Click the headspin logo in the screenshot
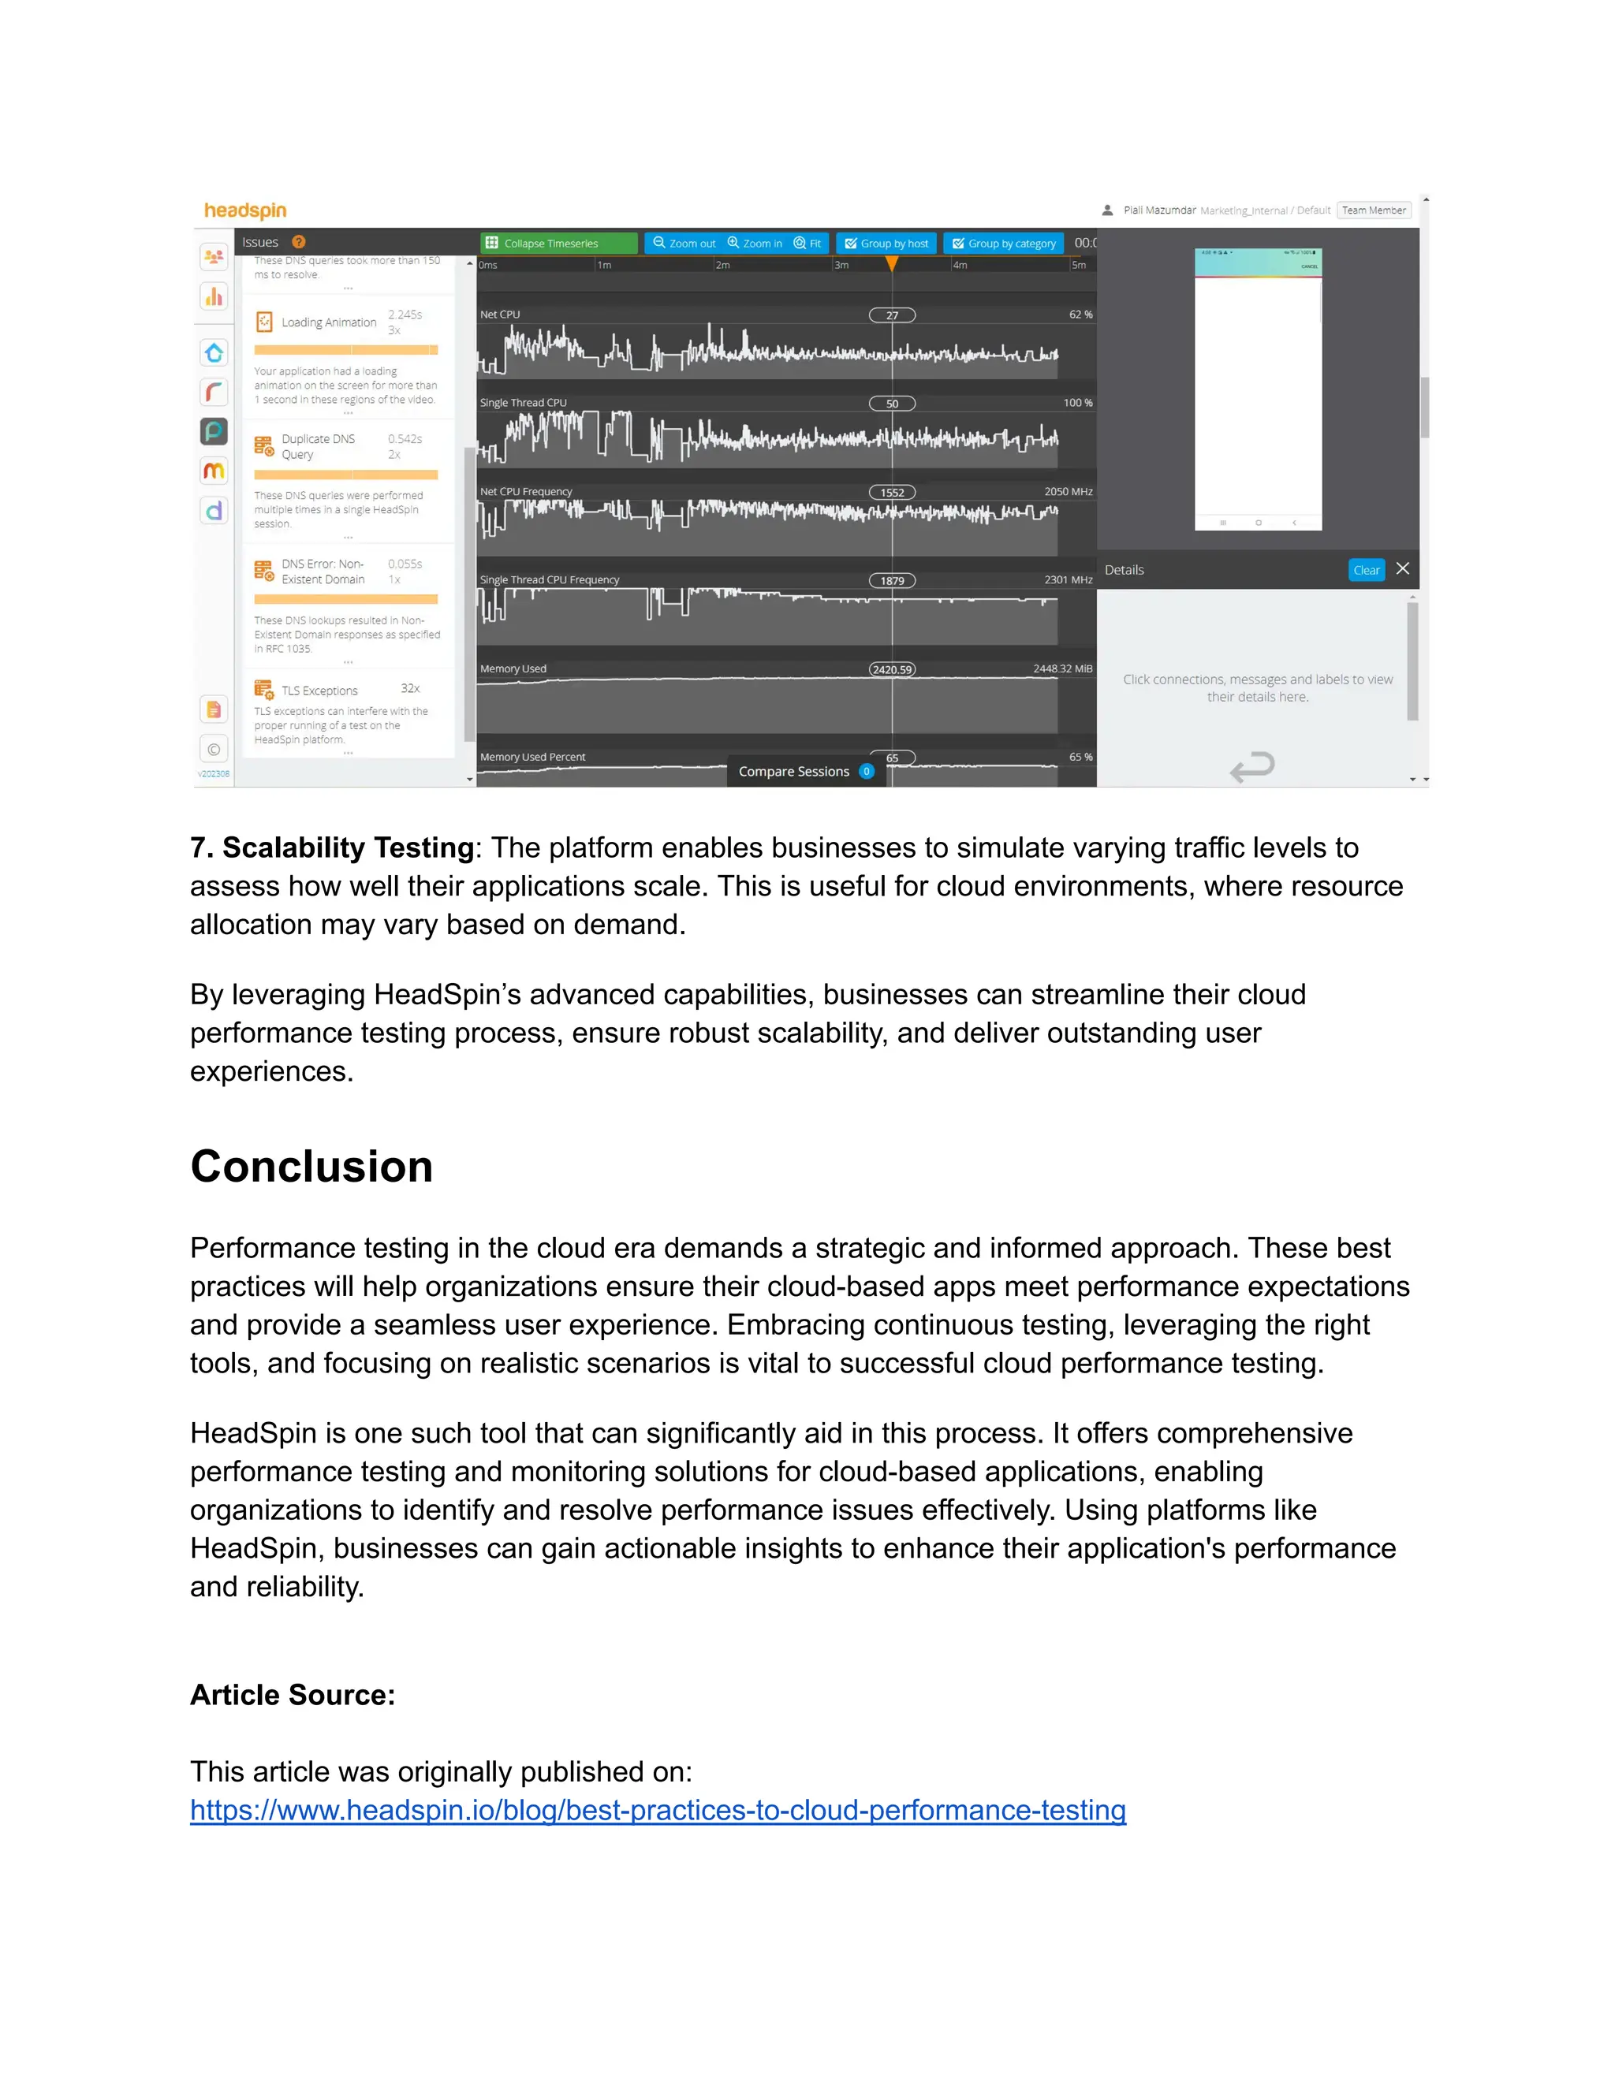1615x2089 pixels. tap(245, 210)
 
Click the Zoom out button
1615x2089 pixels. tap(684, 243)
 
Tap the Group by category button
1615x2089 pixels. tap(1004, 243)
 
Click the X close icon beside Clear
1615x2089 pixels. tap(1403, 569)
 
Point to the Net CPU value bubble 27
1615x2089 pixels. tap(892, 315)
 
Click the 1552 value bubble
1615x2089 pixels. tap(892, 493)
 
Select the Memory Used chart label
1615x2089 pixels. tap(513, 668)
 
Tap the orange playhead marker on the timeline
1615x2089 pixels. tap(892, 264)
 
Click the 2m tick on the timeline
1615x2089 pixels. tap(722, 265)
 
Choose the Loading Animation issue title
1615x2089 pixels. tap(328, 322)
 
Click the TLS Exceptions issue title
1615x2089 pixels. tap(319, 691)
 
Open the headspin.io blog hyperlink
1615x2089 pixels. tap(658, 1810)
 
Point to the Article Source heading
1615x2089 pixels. tap(292, 1694)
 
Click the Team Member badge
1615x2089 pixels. tap(1373, 210)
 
